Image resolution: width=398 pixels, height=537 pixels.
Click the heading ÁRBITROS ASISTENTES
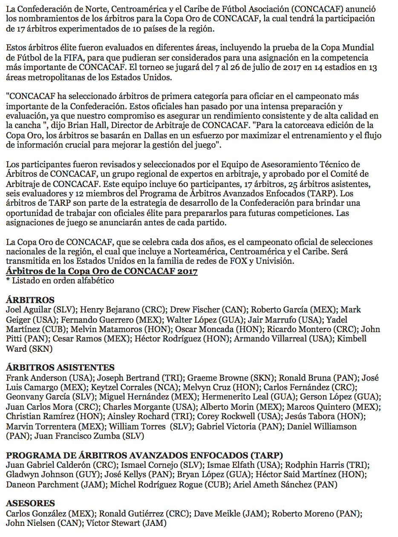tap(60, 368)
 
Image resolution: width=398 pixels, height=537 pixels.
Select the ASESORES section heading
tap(30, 503)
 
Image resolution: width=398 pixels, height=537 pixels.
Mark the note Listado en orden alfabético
tap(63, 280)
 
